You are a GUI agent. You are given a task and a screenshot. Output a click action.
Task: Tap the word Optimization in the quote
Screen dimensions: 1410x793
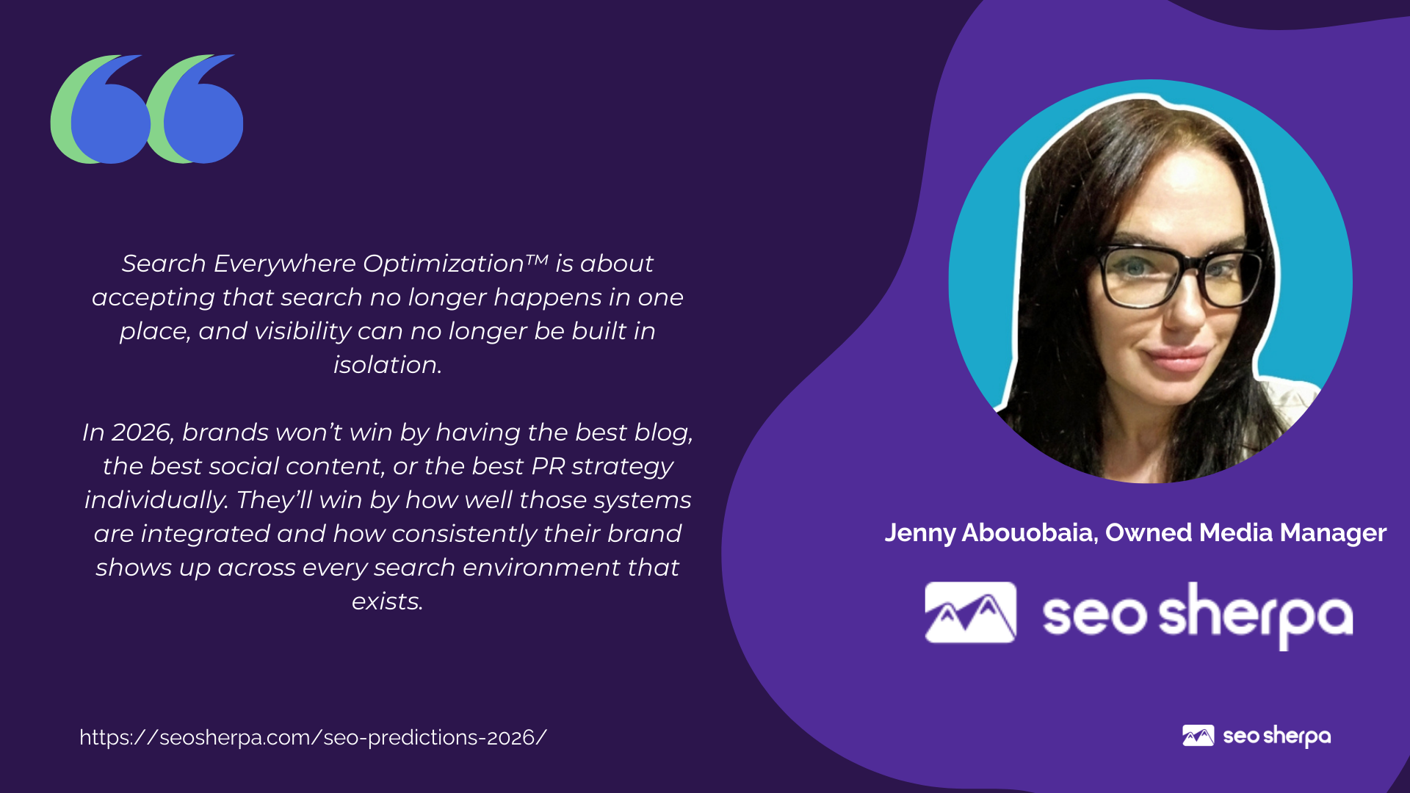pyautogui.click(x=443, y=264)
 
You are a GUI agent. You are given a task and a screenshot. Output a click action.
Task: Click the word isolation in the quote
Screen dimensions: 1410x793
pyautogui.click(x=386, y=365)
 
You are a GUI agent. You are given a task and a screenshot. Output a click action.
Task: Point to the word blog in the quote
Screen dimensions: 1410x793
pyautogui.click(x=663, y=433)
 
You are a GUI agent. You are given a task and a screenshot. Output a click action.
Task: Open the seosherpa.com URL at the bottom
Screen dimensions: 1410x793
pyautogui.click(x=314, y=737)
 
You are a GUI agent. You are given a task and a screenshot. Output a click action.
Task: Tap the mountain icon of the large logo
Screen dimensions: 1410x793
pyautogui.click(x=970, y=612)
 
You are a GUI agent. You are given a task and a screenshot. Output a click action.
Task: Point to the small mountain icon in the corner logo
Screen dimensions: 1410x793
pyautogui.click(x=1198, y=736)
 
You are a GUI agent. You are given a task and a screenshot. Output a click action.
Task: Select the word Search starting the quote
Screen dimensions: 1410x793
pyautogui.click(x=164, y=264)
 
